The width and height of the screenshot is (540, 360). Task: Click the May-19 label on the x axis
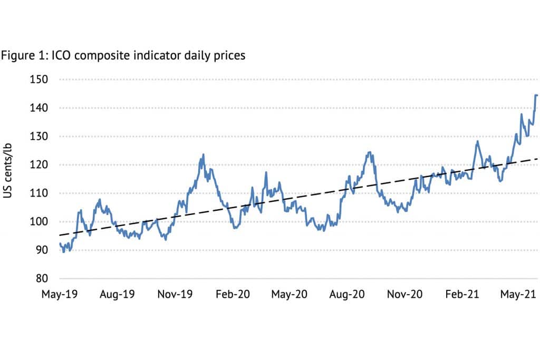tap(59, 294)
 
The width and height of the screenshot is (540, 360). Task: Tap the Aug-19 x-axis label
tap(118, 294)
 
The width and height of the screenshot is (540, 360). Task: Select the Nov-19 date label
tap(175, 294)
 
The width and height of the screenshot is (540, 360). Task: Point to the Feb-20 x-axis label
tap(232, 294)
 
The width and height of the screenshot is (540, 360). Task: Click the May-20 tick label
tap(288, 294)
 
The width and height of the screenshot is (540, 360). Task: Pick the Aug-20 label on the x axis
tap(346, 294)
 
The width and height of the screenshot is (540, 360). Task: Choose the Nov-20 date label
tap(404, 294)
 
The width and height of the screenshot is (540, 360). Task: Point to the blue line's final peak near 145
tap(536, 95)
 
